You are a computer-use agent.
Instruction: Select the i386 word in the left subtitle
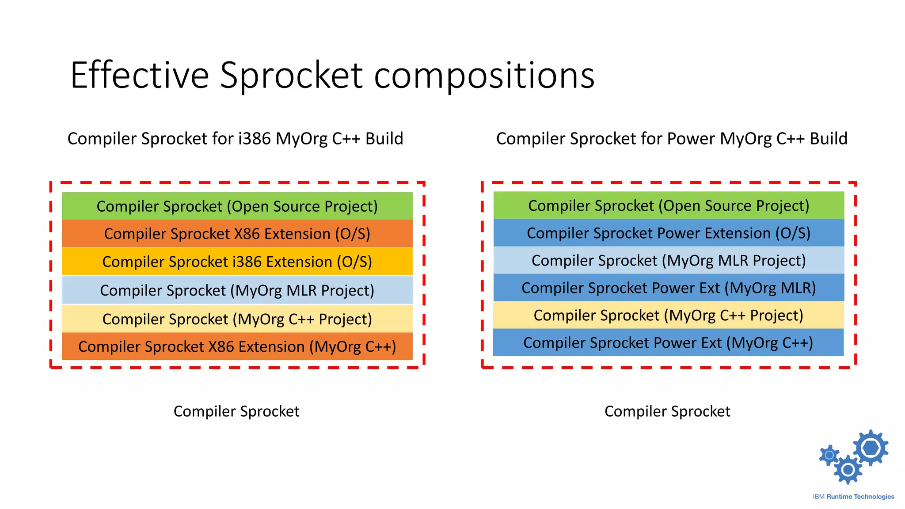[x=254, y=139]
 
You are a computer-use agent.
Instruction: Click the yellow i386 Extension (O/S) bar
[x=237, y=262]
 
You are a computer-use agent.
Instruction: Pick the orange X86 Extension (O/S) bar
[x=237, y=234]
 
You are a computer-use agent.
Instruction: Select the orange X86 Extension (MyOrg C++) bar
[x=237, y=346]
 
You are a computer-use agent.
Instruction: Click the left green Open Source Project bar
[x=237, y=206]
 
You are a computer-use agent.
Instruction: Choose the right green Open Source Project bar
[x=668, y=205]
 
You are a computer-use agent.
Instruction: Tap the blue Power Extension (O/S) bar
[x=668, y=233]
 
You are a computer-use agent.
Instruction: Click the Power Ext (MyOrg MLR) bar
[x=668, y=288]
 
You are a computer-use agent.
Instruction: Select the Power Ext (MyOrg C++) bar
[x=668, y=342]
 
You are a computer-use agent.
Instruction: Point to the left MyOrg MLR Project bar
[x=237, y=290]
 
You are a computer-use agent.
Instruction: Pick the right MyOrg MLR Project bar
[x=668, y=260]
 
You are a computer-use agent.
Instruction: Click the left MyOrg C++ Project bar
[x=237, y=319]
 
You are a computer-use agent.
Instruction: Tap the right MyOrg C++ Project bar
[x=668, y=315]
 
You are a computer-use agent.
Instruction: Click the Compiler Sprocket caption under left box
[x=236, y=411]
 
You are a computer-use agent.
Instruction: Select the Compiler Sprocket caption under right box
[x=667, y=411]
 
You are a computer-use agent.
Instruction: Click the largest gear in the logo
[x=871, y=448]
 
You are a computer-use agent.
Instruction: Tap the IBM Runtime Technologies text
[x=853, y=497]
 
